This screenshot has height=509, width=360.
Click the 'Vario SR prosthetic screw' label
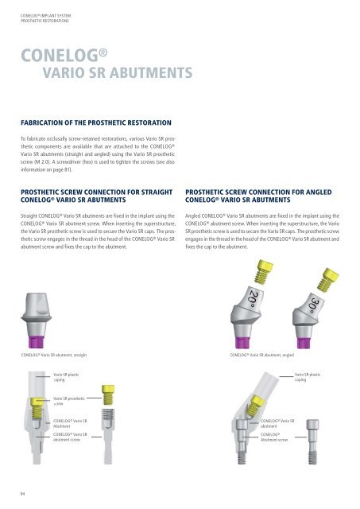(70, 401)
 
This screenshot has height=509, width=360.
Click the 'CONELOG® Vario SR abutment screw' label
(69, 438)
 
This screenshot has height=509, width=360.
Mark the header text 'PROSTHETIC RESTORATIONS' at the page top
(35, 14)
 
